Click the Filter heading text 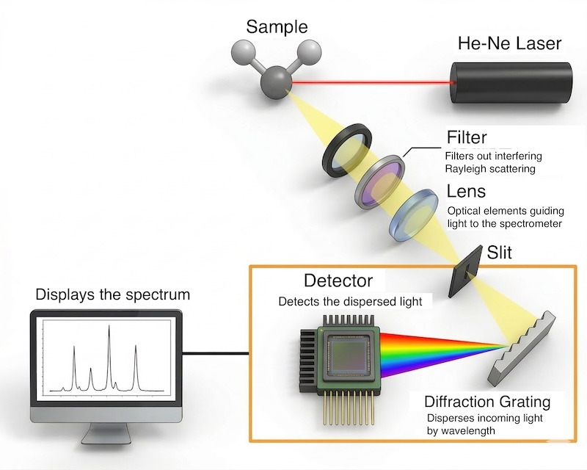coord(467,139)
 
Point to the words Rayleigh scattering coord(491,169)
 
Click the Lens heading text coord(466,192)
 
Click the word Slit coord(499,253)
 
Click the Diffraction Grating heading coord(487,402)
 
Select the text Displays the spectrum coord(112,295)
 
